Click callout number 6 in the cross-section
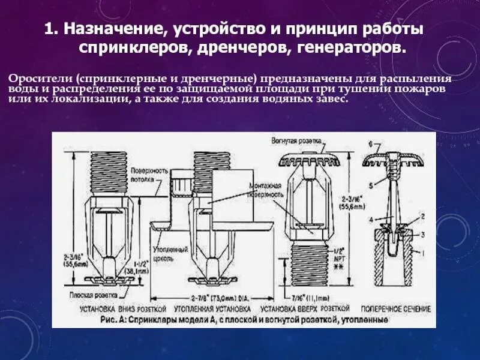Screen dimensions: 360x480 (371, 145)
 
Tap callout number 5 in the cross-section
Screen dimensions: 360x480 (371, 184)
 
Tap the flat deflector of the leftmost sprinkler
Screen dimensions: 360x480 (109, 279)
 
